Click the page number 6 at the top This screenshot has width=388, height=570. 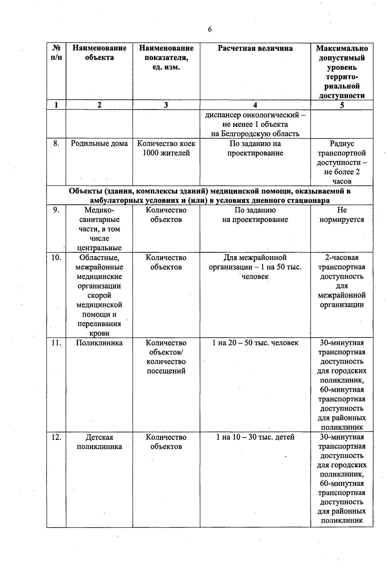coord(210,29)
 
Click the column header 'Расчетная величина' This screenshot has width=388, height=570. coord(255,48)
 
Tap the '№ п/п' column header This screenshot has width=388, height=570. coord(56,53)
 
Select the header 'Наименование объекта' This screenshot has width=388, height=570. coord(99,53)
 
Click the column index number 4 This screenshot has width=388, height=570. coord(255,105)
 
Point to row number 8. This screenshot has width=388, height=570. coord(56,143)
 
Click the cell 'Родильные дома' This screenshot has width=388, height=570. coord(99,143)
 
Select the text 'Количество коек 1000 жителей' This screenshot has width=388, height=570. coord(166,148)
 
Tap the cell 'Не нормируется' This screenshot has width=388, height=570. coord(342,215)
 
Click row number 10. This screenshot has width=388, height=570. coord(56,257)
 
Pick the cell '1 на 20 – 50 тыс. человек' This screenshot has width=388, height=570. coord(255,343)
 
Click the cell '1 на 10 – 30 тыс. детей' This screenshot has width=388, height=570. coord(255,437)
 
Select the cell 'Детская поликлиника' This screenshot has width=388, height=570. coord(99,442)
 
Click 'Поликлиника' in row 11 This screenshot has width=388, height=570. coord(99,343)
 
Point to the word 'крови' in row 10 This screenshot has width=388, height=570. coord(99,333)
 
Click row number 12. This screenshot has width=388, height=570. coord(56,437)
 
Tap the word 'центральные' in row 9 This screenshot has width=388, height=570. coord(99,248)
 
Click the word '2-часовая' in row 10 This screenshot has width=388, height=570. coord(342,257)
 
